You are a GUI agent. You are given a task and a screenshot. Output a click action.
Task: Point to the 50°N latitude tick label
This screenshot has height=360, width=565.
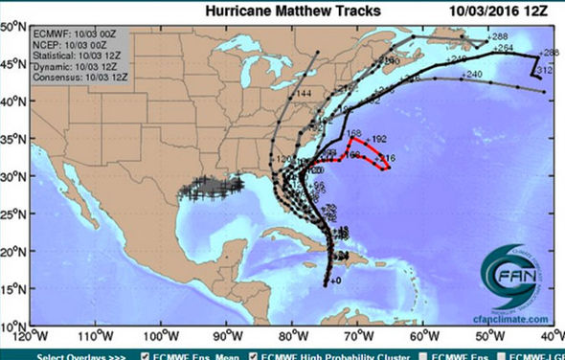coord(13,27)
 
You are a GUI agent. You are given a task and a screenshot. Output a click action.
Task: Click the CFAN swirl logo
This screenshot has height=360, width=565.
coord(517,278)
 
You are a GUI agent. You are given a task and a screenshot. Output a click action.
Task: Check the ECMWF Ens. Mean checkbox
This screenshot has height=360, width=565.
coord(146,355)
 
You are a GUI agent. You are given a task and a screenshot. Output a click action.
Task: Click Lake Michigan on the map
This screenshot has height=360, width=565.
coord(252,90)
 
